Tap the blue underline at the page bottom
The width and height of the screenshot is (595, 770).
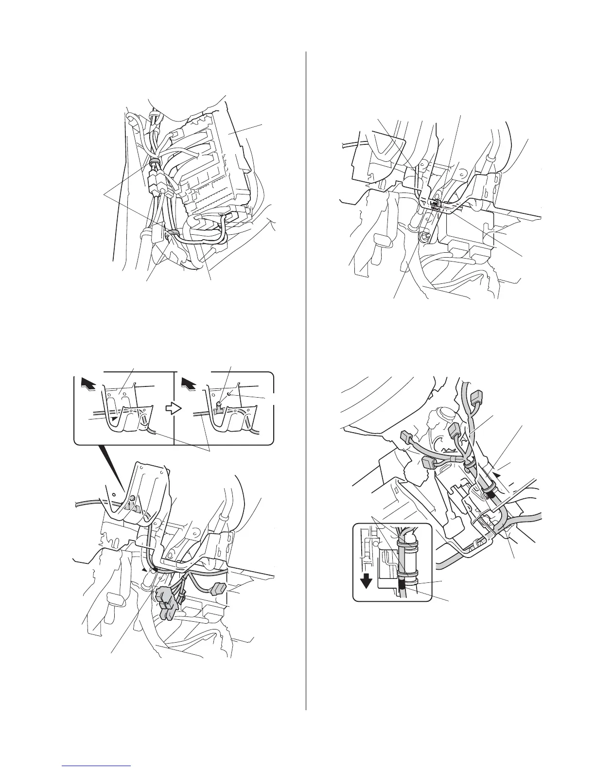[97, 766]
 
